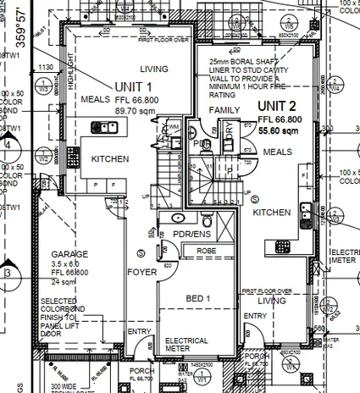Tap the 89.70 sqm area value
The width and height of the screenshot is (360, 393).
[x=133, y=110]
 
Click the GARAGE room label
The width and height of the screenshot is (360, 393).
[x=68, y=254]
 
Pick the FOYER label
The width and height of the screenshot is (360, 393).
[x=141, y=272]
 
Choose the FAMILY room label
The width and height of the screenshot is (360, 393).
[x=225, y=111]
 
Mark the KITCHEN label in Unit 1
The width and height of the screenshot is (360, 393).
[x=110, y=158]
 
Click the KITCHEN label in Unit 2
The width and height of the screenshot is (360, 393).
[x=272, y=212]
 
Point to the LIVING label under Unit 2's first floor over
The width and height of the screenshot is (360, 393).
[x=271, y=300]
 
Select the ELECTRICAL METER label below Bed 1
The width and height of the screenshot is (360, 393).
[x=186, y=345]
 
